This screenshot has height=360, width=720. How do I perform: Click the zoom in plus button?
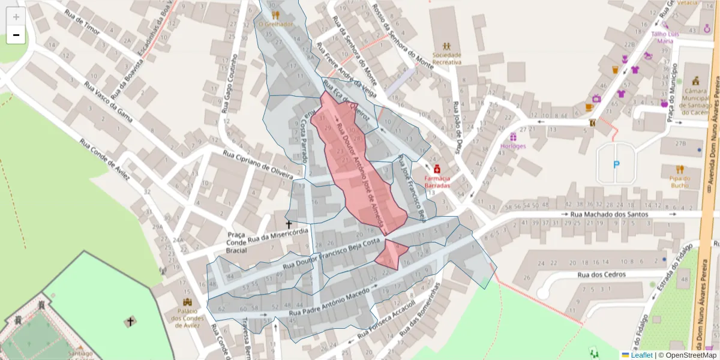click(x=16, y=17)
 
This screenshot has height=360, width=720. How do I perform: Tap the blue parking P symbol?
click(x=616, y=164)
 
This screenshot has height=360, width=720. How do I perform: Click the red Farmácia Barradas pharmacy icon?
click(x=437, y=169)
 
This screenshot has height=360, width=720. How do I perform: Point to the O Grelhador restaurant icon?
click(x=275, y=14)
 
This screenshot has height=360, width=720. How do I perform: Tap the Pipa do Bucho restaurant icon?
click(x=679, y=169)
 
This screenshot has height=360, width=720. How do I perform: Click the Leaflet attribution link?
click(x=641, y=355)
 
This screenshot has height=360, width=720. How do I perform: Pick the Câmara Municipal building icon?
click(x=696, y=80)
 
